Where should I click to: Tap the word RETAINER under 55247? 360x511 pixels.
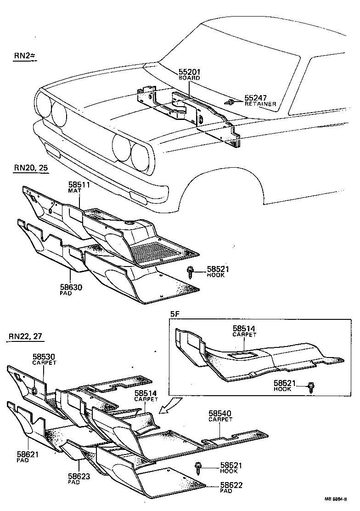260,104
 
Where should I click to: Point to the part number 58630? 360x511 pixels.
70,287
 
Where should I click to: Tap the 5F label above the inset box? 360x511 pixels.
175,315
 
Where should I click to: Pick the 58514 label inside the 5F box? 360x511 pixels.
243,329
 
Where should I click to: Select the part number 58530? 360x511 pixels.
44,357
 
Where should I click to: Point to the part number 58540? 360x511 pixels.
220,413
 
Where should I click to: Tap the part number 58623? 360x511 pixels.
78,476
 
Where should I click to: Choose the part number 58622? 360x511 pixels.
232,485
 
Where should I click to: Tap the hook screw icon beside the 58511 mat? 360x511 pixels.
191,272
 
